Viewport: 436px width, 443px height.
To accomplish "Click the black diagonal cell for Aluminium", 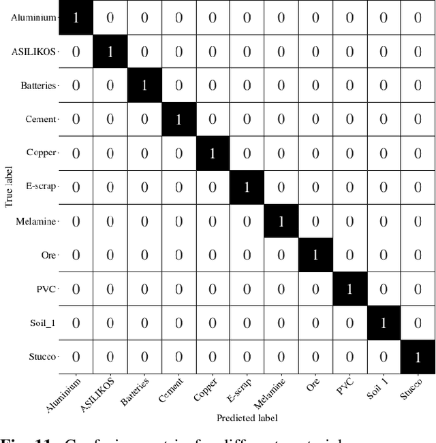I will click(76, 17).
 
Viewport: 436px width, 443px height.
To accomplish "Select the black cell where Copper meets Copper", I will click(212, 153).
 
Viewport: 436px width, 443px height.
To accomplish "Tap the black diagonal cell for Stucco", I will click(417, 357).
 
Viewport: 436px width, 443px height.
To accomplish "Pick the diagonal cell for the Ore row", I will click(315, 255).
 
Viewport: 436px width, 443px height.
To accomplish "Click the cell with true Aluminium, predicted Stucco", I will click(417, 17).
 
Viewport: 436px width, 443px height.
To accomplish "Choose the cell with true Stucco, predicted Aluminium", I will click(76, 357).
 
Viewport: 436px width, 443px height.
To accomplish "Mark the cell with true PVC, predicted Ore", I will click(315, 289).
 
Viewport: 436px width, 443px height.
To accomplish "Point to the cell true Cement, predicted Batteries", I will click(144, 119).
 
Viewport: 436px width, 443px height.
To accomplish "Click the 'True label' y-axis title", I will click(9, 187).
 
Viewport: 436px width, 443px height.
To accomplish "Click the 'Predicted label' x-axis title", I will click(247, 417).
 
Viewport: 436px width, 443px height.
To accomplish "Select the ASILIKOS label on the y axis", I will click(34, 52).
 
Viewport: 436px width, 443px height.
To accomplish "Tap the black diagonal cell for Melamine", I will click(281, 221).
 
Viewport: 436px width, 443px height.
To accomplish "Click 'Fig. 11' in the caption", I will click(16, 438).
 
